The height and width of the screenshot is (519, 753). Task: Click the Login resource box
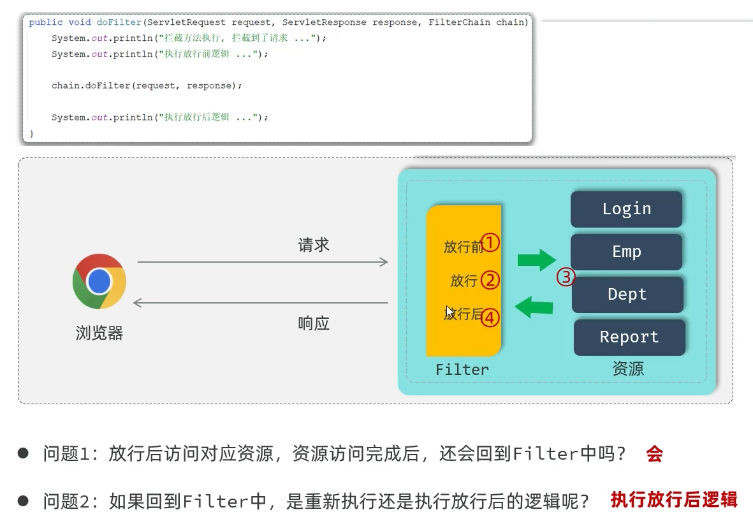626,209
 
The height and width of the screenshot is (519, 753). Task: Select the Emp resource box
626,252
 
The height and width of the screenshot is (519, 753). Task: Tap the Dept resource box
627,295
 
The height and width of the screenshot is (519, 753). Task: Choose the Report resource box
629,337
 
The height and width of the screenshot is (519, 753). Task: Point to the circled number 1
490,242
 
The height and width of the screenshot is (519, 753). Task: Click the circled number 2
490,279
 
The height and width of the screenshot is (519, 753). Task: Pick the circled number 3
566,277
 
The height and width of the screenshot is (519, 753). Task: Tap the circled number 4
490,317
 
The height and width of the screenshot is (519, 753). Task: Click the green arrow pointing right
536,259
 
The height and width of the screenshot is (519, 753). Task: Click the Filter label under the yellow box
462,370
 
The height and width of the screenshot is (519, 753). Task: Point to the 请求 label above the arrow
314,245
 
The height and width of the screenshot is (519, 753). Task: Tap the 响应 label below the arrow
314,323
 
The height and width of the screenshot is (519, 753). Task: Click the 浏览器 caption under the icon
99,333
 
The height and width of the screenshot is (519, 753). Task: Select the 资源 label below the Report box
628,369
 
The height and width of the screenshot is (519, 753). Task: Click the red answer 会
654,454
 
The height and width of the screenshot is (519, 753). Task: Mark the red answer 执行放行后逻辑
674,500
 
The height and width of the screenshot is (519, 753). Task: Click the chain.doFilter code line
147,85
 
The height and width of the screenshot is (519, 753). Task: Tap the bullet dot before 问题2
24,501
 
